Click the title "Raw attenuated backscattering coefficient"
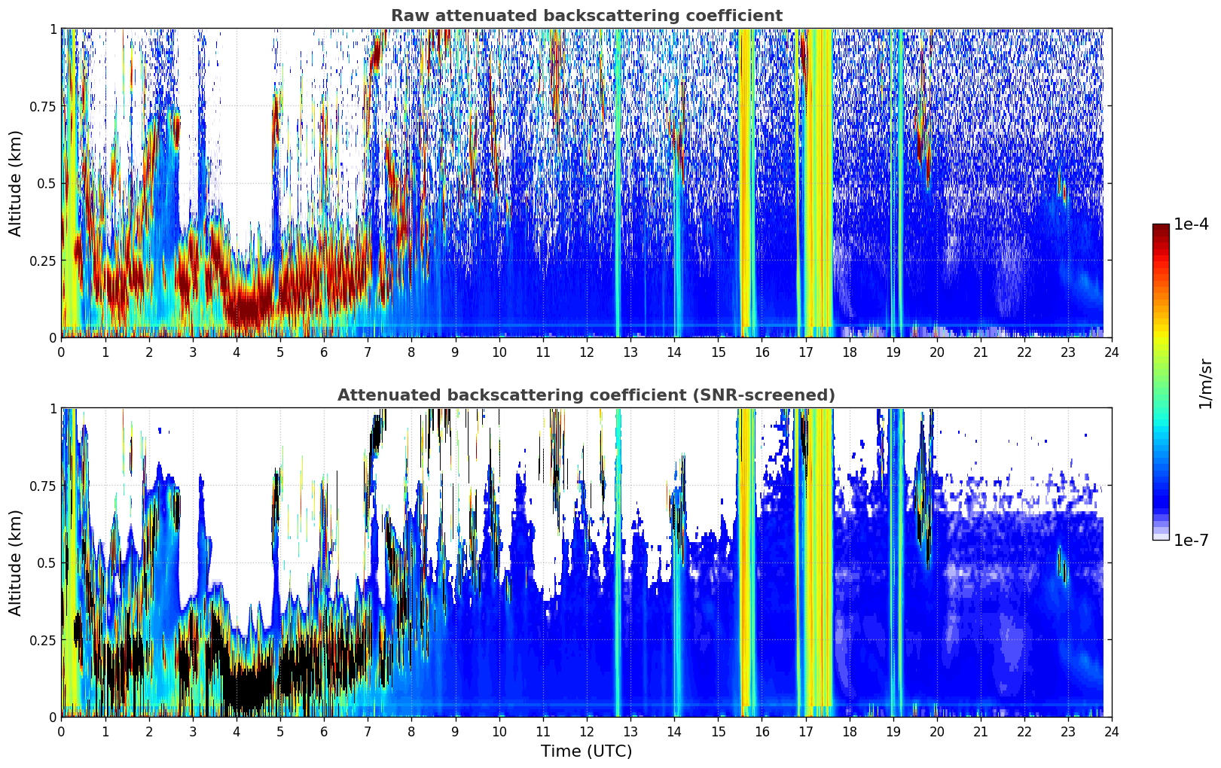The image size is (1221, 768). tap(586, 16)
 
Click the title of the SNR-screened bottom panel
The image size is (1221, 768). tap(586, 395)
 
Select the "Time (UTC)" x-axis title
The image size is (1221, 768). tap(586, 751)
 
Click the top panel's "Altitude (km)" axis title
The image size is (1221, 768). tap(16, 183)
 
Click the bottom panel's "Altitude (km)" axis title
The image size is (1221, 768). tap(16, 562)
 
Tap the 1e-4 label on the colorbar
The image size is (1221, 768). tap(1191, 224)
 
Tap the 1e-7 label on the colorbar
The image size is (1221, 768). tap(1191, 540)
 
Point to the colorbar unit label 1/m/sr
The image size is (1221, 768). tap(1204, 384)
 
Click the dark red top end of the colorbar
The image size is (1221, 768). tap(1161, 227)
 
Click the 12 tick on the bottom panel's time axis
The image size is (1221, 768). tap(587, 731)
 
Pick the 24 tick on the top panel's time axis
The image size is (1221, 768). tap(1112, 352)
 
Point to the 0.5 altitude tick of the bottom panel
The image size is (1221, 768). tap(47, 562)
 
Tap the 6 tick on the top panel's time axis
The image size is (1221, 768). tap(324, 352)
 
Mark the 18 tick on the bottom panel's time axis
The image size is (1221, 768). tap(849, 731)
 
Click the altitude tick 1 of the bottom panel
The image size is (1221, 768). tap(53, 409)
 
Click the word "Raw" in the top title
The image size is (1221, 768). tap(408, 16)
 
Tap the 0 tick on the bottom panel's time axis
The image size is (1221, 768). tap(61, 731)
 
